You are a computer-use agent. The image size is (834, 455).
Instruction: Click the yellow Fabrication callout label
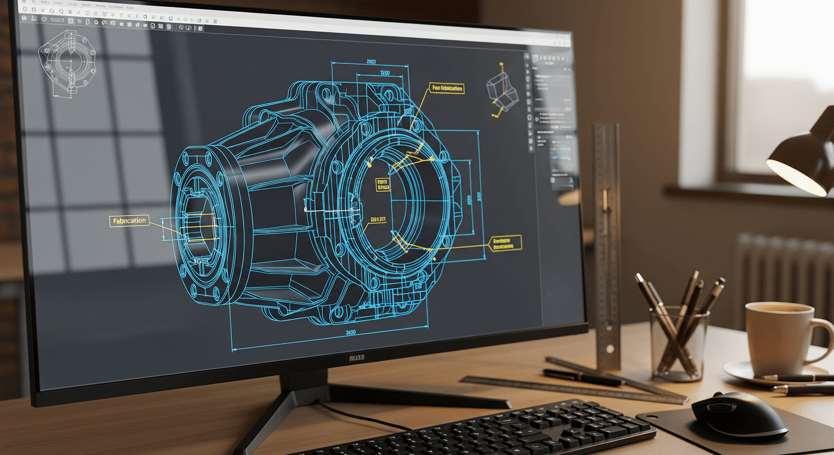click(129, 221)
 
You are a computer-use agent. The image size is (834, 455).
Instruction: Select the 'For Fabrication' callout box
click(447, 88)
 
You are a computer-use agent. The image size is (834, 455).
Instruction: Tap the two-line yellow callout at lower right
click(504, 243)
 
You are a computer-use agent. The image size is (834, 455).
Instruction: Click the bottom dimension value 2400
click(350, 332)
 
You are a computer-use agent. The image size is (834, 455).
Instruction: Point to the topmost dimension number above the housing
click(370, 61)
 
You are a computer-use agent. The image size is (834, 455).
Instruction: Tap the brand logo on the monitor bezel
click(357, 357)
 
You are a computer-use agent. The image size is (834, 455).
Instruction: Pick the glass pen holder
click(679, 343)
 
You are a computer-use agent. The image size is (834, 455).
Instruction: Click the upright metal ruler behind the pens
click(606, 236)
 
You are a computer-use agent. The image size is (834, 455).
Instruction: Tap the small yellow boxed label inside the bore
click(383, 184)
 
